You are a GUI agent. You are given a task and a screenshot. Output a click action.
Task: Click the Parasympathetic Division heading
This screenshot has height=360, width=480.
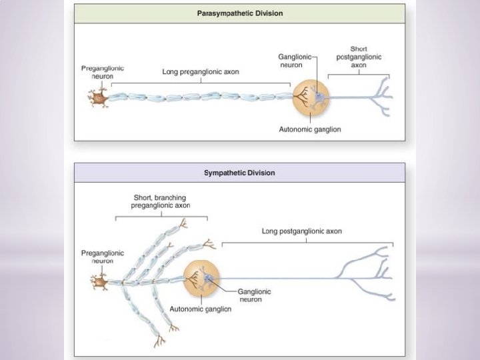239,13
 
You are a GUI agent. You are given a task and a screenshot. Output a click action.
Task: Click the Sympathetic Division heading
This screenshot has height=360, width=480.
239,173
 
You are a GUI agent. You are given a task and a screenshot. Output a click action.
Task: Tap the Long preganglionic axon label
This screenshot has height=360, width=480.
201,71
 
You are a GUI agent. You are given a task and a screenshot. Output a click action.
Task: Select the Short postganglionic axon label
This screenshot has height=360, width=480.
359,57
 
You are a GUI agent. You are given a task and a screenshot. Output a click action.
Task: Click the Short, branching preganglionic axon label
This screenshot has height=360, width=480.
161,201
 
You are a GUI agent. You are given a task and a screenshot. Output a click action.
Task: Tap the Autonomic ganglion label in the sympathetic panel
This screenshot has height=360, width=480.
201,309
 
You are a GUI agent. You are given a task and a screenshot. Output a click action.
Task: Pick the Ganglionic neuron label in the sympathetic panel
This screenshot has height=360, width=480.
254,295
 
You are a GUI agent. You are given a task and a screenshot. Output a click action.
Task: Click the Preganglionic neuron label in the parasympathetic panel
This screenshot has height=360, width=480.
102,72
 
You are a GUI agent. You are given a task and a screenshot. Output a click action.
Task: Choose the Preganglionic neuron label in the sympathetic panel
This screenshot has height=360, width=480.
102,257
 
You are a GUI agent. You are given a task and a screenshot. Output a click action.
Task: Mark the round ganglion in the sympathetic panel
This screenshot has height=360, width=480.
201,278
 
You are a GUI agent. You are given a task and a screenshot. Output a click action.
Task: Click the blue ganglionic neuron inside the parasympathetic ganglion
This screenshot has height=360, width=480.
319,99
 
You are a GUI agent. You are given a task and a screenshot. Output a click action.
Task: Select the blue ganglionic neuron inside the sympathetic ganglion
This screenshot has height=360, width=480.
211,279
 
